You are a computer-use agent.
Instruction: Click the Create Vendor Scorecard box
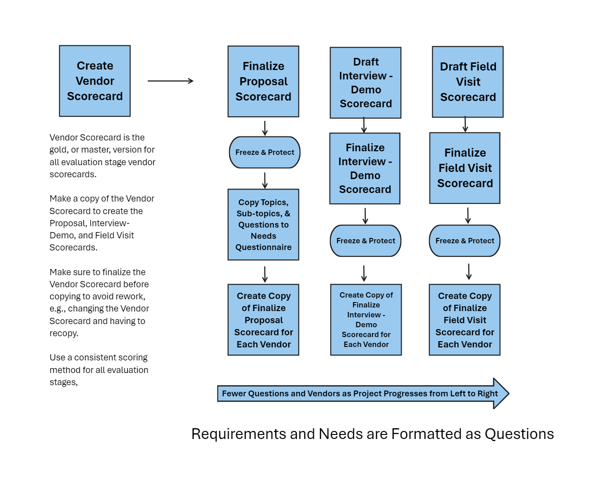pyautogui.click(x=95, y=81)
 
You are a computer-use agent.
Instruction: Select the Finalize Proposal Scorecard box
pyautogui.click(x=263, y=81)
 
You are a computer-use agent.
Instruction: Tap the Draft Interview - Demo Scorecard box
pyautogui.click(x=365, y=83)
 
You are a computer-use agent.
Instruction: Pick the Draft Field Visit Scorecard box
pyautogui.click(x=468, y=82)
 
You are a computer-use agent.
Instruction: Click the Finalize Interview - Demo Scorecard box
pyautogui.click(x=364, y=168)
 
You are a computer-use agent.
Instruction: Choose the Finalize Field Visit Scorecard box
pyautogui.click(x=464, y=168)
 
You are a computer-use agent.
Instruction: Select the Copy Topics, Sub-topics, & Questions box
pyautogui.click(x=263, y=224)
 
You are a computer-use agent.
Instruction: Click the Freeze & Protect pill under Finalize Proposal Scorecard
pyautogui.click(x=264, y=152)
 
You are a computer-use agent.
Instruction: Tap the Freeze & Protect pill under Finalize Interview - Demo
pyautogui.click(x=365, y=241)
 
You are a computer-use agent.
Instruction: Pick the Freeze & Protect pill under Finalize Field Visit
pyautogui.click(x=464, y=241)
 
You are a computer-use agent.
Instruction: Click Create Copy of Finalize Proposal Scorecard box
pyautogui.click(x=263, y=320)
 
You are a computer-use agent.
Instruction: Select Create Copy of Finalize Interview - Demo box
pyautogui.click(x=366, y=320)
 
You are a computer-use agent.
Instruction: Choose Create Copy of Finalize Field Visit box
pyautogui.click(x=464, y=320)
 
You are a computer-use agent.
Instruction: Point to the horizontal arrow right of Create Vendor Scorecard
pyautogui.click(x=170, y=81)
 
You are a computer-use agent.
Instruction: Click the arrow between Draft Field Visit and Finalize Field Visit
pyautogui.click(x=465, y=124)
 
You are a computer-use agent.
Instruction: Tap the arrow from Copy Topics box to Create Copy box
pyautogui.click(x=265, y=274)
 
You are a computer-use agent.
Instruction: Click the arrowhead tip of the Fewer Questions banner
pyautogui.click(x=509, y=393)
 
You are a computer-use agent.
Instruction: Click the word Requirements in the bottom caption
pyautogui.click(x=238, y=434)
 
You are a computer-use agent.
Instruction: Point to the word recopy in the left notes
pyautogui.click(x=63, y=333)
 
